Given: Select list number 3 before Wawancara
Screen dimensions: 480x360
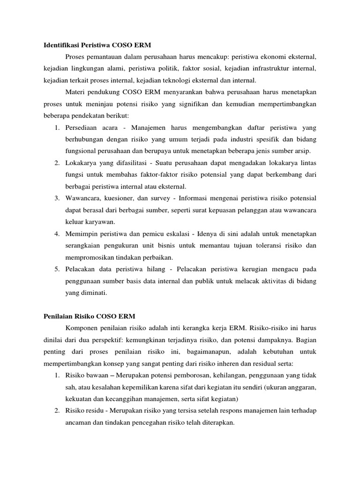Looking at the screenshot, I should click(56, 197).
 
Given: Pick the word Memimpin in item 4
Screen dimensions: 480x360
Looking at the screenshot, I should click(81, 233).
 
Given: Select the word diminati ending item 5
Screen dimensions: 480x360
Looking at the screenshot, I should click(92, 293).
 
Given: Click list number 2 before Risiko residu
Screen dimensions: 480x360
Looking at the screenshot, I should click(56, 411).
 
